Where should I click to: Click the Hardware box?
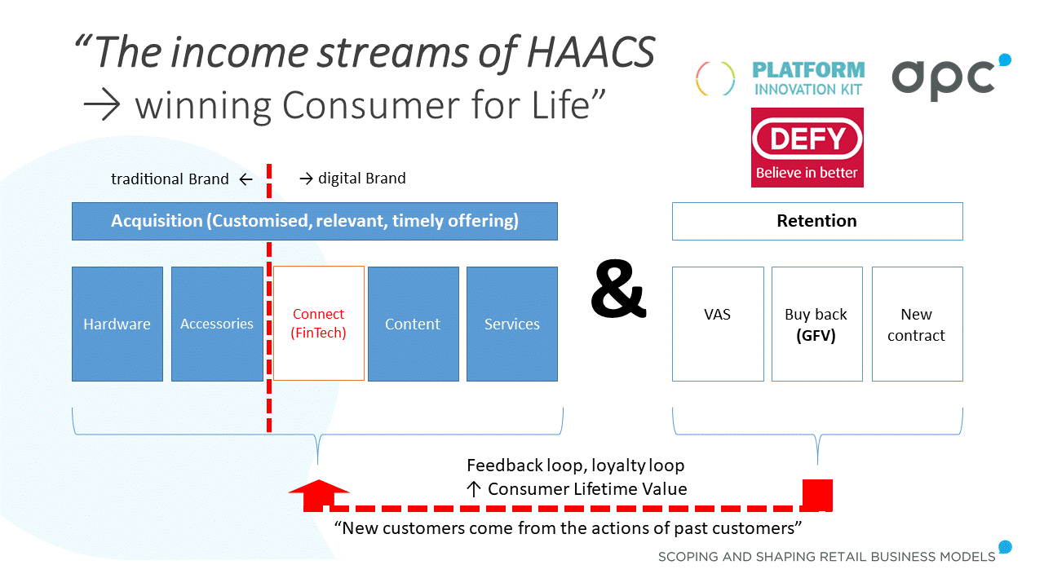tap(117, 324)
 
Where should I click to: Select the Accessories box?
tap(217, 324)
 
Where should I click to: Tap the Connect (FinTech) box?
tap(318, 324)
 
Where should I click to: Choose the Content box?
tap(413, 324)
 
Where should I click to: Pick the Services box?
tap(512, 324)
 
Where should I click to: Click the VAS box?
tap(718, 324)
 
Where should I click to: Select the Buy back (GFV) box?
tap(816, 324)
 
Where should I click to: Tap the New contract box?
tap(917, 324)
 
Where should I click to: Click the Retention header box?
tap(816, 221)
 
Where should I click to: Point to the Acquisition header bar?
tap(315, 221)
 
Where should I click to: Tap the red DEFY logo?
tap(807, 148)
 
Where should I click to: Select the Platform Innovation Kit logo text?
tap(807, 79)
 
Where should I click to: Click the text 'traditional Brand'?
tap(170, 179)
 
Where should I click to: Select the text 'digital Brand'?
tap(361, 178)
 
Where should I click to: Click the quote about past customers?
tap(568, 527)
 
